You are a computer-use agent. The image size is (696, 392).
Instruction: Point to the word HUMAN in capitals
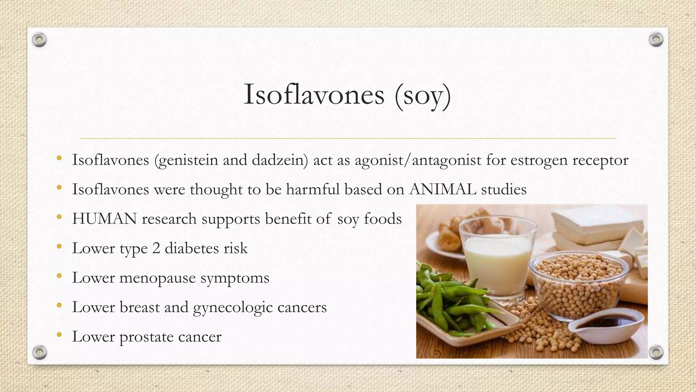(x=104, y=219)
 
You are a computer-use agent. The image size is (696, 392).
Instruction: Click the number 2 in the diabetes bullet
(x=156, y=248)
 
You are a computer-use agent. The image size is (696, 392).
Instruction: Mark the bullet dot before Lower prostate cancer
(x=59, y=335)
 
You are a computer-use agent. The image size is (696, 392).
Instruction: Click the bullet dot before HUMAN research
(x=59, y=217)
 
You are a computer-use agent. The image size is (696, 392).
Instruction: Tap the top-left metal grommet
(x=39, y=40)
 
